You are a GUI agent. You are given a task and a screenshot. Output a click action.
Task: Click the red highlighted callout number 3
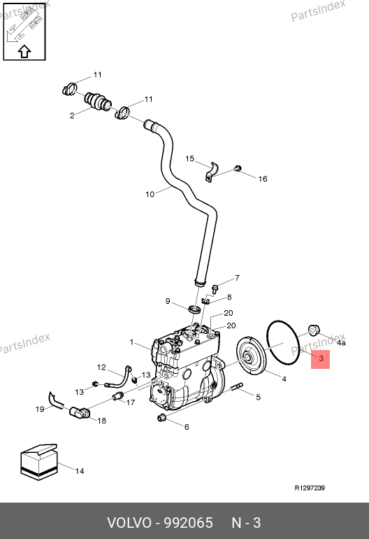tap(321, 358)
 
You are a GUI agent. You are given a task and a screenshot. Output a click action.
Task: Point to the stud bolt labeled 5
tap(237, 386)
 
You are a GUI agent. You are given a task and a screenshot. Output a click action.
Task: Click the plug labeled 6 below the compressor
tap(161, 418)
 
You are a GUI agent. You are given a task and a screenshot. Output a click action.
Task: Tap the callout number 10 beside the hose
tap(150, 194)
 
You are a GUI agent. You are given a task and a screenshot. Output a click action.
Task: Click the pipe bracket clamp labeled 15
tap(212, 172)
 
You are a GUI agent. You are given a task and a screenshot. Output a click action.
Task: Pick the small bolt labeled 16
tap(238, 168)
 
